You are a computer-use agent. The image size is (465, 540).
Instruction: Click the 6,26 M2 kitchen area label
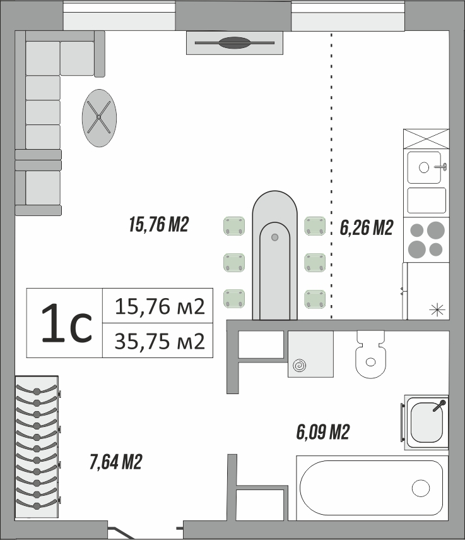click(x=367, y=227)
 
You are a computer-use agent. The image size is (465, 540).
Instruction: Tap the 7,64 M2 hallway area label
click(x=116, y=462)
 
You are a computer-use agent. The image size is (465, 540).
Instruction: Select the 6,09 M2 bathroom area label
click(x=323, y=432)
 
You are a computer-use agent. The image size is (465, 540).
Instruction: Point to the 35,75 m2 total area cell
click(x=160, y=341)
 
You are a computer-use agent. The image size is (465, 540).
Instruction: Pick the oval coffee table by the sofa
click(x=99, y=118)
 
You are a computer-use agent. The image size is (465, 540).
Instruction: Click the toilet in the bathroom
click(x=370, y=354)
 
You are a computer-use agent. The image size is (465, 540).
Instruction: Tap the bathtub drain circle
click(x=421, y=488)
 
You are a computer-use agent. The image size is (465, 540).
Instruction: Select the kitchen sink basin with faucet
click(x=425, y=167)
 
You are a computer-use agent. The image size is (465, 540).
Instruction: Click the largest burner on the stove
click(x=435, y=231)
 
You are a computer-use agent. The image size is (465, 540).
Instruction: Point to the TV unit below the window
click(x=235, y=43)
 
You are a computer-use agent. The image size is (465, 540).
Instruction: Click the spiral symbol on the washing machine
click(x=299, y=366)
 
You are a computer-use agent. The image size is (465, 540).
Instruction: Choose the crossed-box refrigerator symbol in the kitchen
click(x=426, y=139)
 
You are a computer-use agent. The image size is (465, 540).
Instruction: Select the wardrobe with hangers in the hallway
click(x=37, y=447)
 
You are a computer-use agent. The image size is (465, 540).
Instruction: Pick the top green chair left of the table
click(x=234, y=226)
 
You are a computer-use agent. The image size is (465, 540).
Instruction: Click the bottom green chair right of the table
click(x=315, y=299)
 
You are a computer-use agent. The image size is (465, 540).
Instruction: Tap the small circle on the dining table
click(x=274, y=237)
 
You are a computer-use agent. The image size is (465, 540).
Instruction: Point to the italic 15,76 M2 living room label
click(x=159, y=224)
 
